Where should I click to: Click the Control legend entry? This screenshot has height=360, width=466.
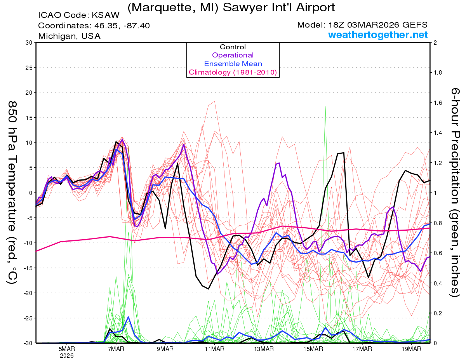point(233,47)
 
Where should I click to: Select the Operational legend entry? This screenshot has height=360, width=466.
point(233,55)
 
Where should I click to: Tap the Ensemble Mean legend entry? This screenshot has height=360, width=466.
point(233,64)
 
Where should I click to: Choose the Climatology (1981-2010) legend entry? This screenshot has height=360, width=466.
point(233,72)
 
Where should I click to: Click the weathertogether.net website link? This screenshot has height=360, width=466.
point(378,35)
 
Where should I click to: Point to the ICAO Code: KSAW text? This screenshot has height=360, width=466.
point(79,16)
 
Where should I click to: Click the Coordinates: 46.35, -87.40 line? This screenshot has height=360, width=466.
point(94,26)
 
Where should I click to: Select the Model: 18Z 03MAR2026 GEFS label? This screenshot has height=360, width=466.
point(362,25)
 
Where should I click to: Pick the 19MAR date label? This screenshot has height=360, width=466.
point(411,349)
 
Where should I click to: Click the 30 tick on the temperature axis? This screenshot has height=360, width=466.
point(28,43)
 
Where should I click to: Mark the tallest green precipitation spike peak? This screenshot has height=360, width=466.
point(325,106)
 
